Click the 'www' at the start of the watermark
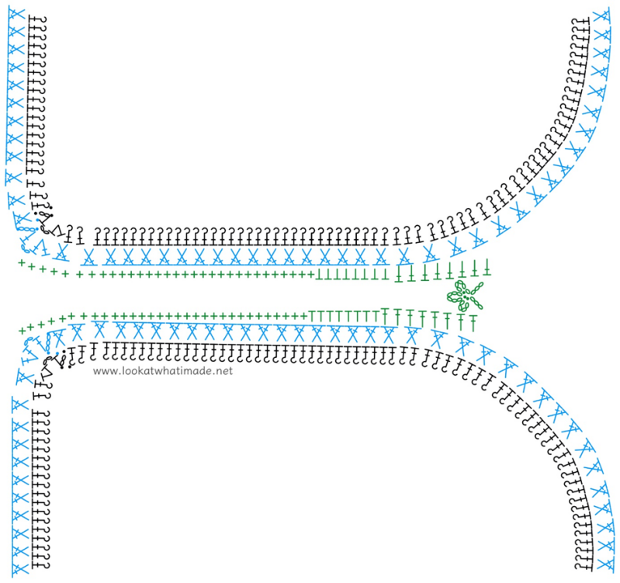click(104, 371)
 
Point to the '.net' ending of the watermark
click(222, 371)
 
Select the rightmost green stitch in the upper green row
click(487, 268)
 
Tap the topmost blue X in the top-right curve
click(600, 16)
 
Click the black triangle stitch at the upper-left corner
click(50, 227)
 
